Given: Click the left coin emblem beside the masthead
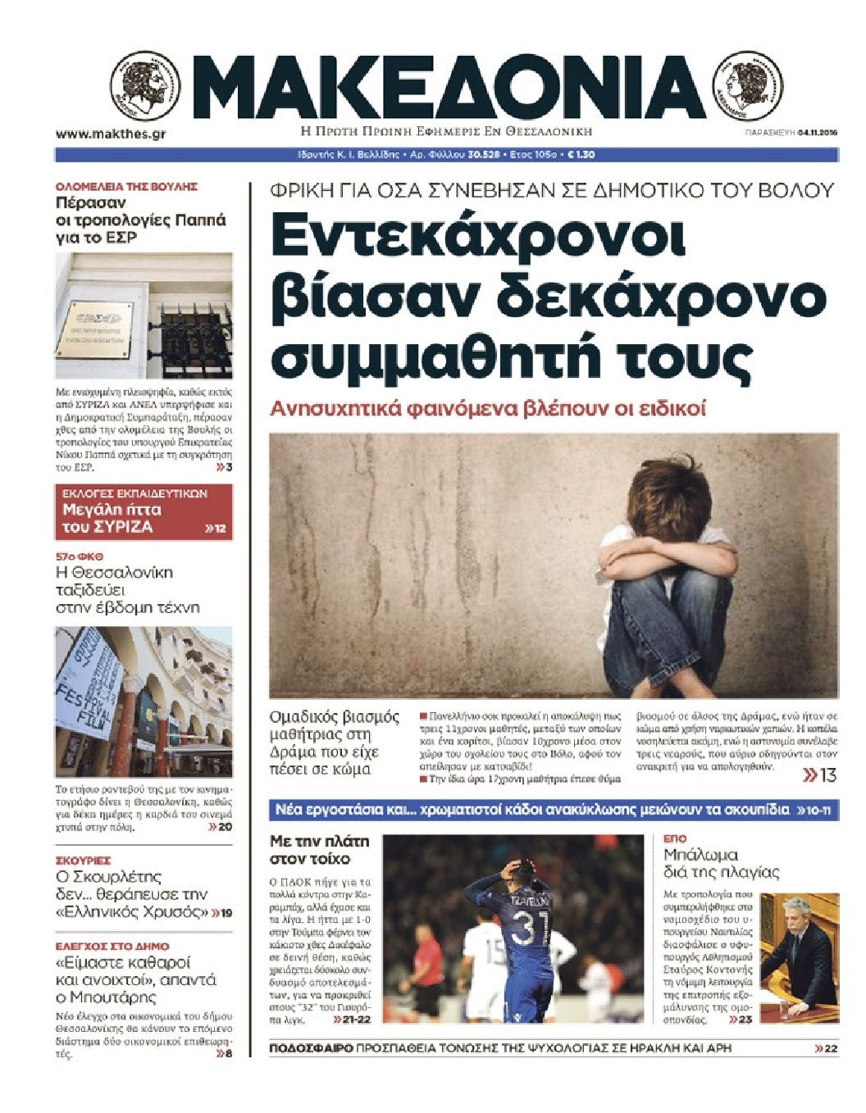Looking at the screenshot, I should [145, 86].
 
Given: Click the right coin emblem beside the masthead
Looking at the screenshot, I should [748, 85].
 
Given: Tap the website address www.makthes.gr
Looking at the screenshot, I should [111, 134].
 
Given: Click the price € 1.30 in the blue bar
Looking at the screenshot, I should [581, 154].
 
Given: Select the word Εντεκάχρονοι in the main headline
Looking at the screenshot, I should [478, 237].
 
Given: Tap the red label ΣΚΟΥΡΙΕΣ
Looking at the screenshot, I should [83, 861].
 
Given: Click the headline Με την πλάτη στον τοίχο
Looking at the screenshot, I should [320, 850].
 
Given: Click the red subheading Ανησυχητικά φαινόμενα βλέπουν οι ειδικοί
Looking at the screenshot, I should [488, 408].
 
